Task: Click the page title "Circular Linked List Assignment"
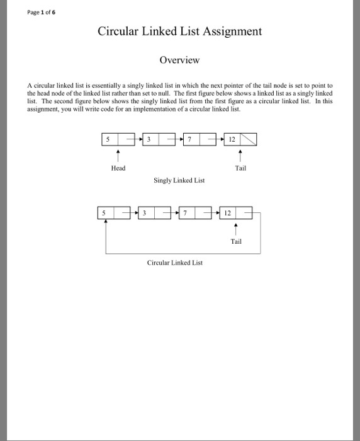click(179, 31)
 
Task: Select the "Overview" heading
click(179, 60)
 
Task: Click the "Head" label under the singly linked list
click(118, 168)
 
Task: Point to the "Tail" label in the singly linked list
click(240, 168)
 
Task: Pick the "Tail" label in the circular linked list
click(236, 241)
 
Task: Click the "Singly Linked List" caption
click(179, 181)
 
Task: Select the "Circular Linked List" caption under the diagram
click(175, 263)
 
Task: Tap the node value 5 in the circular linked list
click(104, 213)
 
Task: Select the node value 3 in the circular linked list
click(145, 213)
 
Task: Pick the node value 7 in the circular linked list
click(186, 213)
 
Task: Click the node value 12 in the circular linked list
click(227, 213)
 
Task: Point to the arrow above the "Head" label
click(118, 155)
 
